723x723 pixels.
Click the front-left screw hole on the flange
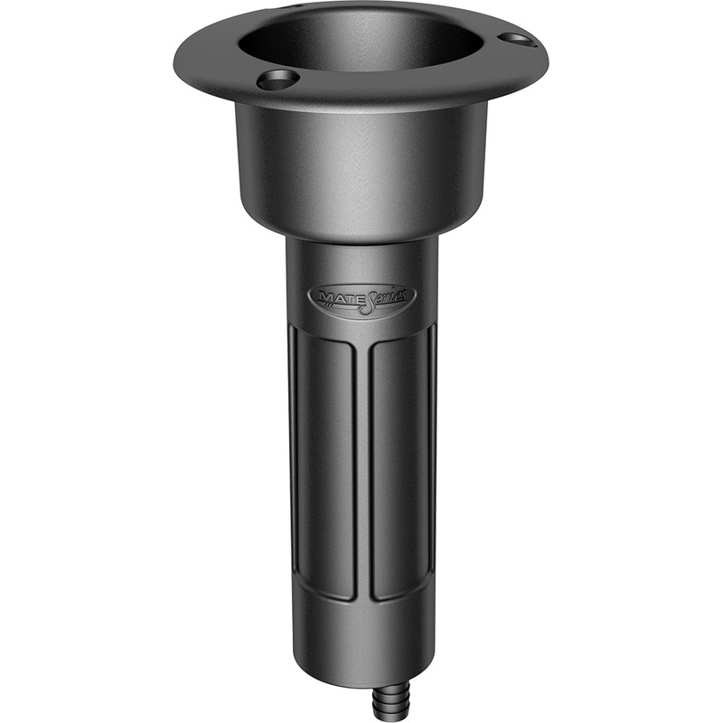click(x=277, y=80)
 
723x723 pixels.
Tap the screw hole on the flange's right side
click(x=516, y=39)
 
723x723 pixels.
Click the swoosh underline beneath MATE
click(x=336, y=305)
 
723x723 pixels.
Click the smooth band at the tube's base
click(x=361, y=646)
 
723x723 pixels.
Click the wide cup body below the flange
click(x=361, y=172)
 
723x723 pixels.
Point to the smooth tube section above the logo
click(x=361, y=262)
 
